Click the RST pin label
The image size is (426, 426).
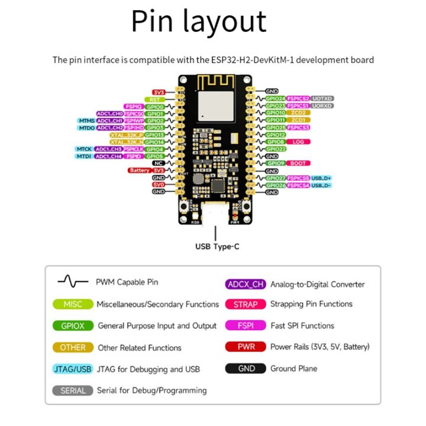coord(155,99)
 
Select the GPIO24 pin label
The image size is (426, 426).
coord(275,98)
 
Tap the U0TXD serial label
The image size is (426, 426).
coord(322,98)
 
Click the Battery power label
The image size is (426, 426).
coord(140,170)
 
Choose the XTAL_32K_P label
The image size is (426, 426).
coord(126,135)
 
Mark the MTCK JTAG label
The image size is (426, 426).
coord(83,149)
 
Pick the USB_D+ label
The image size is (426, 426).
coord(322,177)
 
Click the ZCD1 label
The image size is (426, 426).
coord(298,120)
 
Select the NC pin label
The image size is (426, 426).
coord(158,163)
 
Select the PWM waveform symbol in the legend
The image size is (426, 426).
coord(72,282)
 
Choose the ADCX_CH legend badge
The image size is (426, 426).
coord(245,284)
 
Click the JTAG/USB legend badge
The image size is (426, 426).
coord(73,369)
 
